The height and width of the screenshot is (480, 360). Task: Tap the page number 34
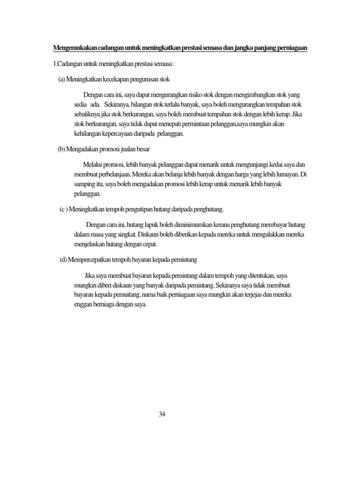(x=162, y=414)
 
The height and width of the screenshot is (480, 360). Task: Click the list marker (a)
(x=61, y=79)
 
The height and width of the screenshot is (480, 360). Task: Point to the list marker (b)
(x=61, y=149)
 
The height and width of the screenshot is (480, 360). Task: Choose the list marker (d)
(x=63, y=259)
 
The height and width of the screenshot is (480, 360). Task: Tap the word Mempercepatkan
(x=93, y=259)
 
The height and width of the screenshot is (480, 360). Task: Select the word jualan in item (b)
(x=120, y=149)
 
